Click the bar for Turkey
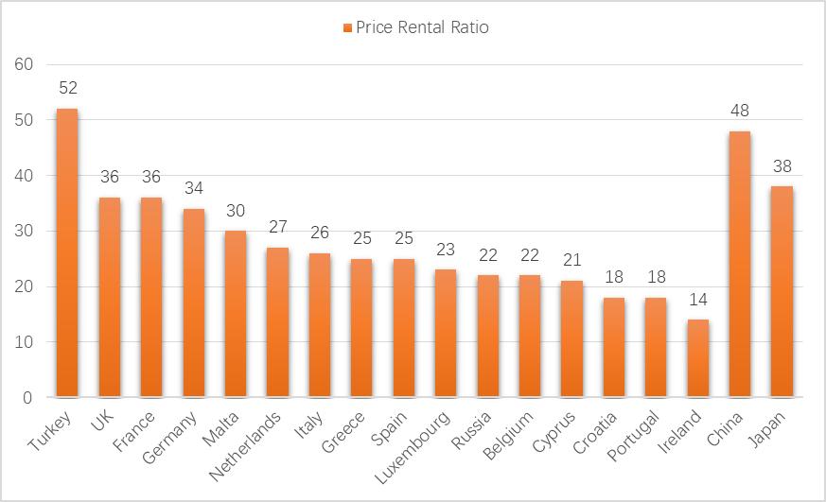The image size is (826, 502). [x=67, y=252]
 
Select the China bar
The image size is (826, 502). [x=739, y=264]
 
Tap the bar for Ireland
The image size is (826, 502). [x=697, y=358]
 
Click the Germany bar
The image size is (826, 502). [x=193, y=303]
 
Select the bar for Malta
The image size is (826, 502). [x=236, y=314]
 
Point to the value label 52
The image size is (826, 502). [x=67, y=88]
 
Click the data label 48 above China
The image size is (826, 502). [x=739, y=111]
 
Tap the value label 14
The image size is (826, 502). [x=697, y=300]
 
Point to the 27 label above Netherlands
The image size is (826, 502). [x=277, y=227]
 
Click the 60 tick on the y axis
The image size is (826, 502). [x=25, y=64]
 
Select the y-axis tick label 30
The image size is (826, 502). [x=25, y=231]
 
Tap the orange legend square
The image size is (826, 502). [x=347, y=27]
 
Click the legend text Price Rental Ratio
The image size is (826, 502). [x=422, y=27]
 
